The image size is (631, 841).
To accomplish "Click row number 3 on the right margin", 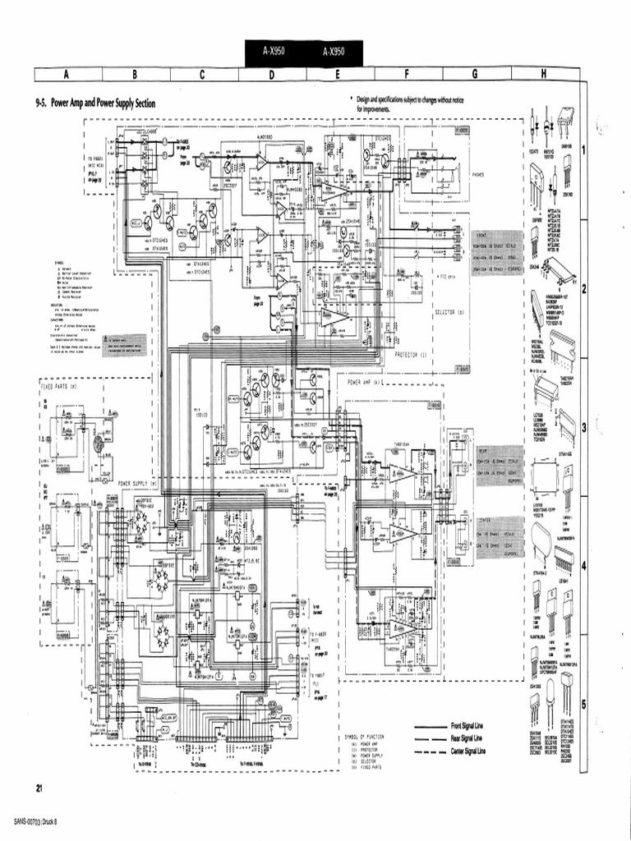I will pyautogui.click(x=583, y=427).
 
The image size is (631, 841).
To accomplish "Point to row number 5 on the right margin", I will pyautogui.click(x=583, y=704).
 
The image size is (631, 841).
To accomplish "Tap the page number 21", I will pyautogui.click(x=39, y=788).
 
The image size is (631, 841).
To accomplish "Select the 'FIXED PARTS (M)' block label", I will pyautogui.click(x=59, y=385).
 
